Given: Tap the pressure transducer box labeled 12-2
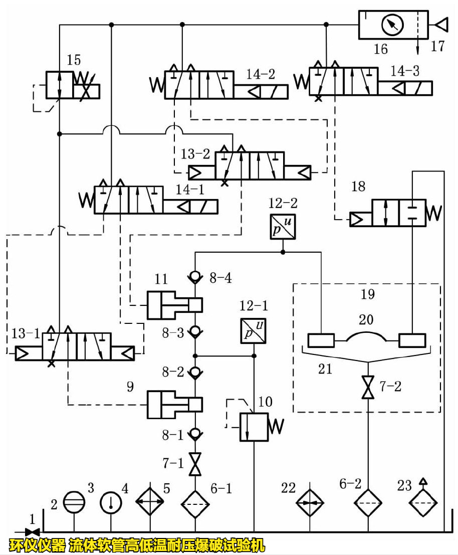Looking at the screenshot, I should point(282,227).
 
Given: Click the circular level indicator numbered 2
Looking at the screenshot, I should point(74,502).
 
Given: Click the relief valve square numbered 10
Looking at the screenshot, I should point(254,427).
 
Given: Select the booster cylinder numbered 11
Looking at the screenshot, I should point(173,305).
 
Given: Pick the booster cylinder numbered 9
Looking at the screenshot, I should point(173,404).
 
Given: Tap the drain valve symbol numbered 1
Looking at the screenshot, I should point(33,531).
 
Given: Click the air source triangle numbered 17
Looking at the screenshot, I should point(441,24).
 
